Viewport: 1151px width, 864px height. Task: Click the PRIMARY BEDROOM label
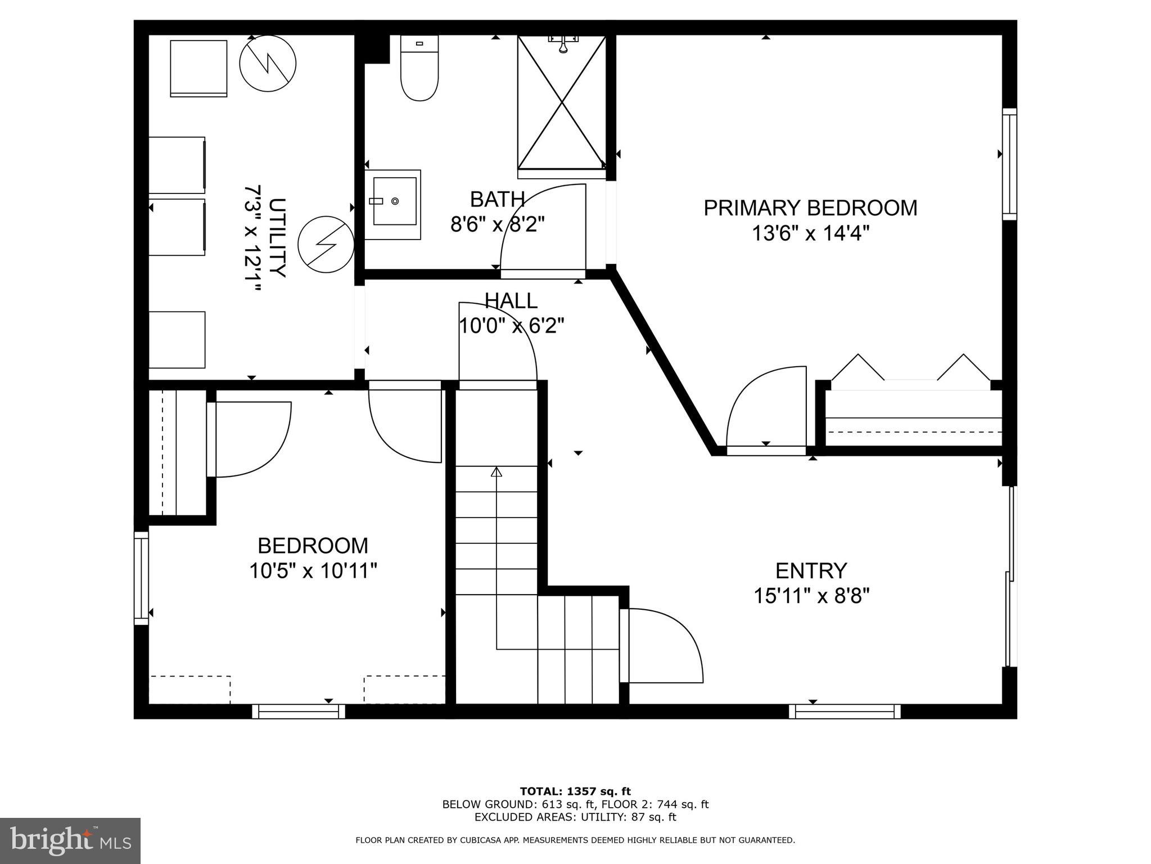click(810, 208)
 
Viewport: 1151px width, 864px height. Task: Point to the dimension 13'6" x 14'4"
click(810, 233)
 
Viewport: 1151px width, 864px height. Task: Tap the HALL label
click(511, 301)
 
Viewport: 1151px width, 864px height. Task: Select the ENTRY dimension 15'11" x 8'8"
click(811, 596)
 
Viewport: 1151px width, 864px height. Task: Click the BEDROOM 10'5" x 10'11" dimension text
click(313, 571)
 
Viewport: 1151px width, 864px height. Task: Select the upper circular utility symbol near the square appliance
click(268, 63)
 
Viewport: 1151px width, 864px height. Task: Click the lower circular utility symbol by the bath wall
click(326, 245)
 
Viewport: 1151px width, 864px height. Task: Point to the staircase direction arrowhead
click(496, 472)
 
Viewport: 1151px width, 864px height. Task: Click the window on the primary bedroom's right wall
click(1009, 164)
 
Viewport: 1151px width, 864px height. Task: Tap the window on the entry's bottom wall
click(844, 712)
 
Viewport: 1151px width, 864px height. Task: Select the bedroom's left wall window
click(141, 578)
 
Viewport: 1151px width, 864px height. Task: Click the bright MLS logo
click(70, 840)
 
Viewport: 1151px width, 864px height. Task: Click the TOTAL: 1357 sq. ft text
click(575, 791)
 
